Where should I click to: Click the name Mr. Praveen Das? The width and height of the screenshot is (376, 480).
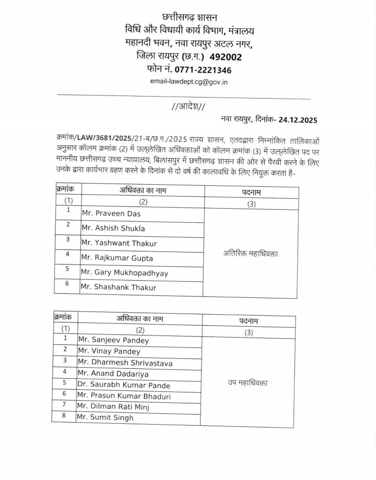tap(111, 214)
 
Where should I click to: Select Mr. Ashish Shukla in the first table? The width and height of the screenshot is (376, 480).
tap(114, 229)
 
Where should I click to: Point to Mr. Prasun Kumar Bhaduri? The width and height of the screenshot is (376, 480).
tap(124, 396)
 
